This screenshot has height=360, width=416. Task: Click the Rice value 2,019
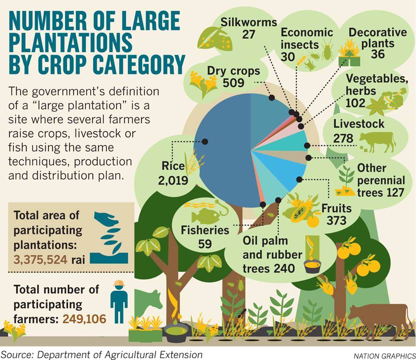point(173,180)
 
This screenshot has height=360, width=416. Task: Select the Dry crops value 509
point(234,82)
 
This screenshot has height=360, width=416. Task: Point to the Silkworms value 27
point(248,34)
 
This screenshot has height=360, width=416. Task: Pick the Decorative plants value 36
point(378,54)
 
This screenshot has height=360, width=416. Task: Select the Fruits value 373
point(337,221)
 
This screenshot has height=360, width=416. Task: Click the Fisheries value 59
point(205,243)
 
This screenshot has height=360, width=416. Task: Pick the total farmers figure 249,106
point(84,319)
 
